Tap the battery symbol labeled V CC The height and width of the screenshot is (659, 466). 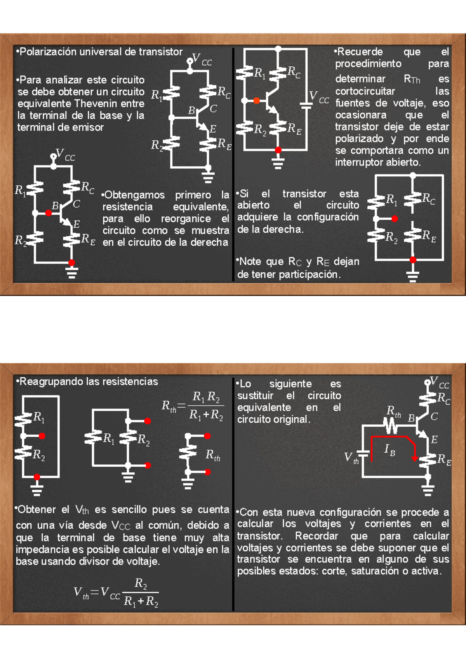pyautogui.click(x=306, y=104)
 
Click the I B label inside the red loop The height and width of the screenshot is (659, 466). pyautogui.click(x=389, y=450)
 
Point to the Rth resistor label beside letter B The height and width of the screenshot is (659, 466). pyautogui.click(x=393, y=411)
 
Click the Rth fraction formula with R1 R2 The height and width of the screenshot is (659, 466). pyautogui.click(x=193, y=406)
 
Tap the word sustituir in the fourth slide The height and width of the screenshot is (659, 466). pyautogui.click(x=255, y=396)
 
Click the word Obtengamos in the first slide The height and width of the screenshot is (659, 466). pyautogui.click(x=134, y=195)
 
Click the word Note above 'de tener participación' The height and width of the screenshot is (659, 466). pyautogui.click(x=250, y=262)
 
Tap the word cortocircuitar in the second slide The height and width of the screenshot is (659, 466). pyautogui.click(x=365, y=91)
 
